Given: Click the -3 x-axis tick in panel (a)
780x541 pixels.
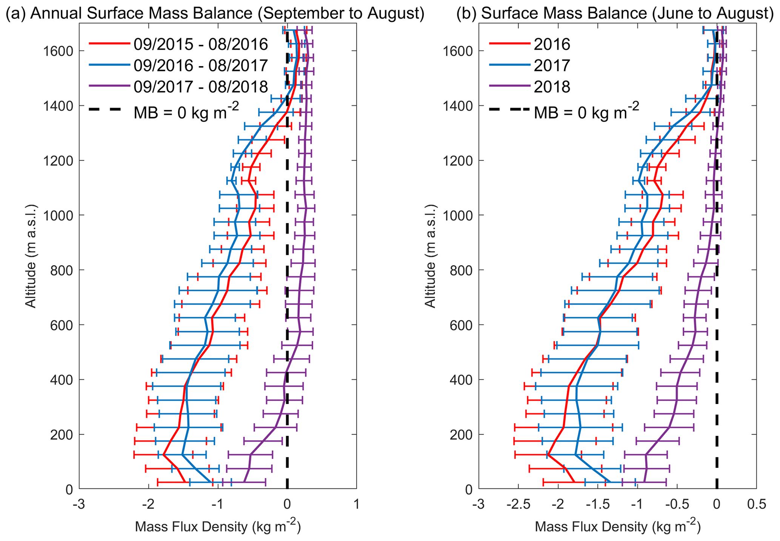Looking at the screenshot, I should click(x=79, y=504).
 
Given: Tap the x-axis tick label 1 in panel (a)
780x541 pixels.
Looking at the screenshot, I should click(x=357, y=504).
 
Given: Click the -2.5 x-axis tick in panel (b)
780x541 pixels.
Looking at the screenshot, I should click(x=518, y=504).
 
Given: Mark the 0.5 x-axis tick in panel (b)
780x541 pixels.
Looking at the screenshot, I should click(x=756, y=504).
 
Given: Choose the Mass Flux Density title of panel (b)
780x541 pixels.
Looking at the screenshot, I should click(x=617, y=526).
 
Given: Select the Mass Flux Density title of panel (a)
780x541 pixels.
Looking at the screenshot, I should click(x=218, y=526).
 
